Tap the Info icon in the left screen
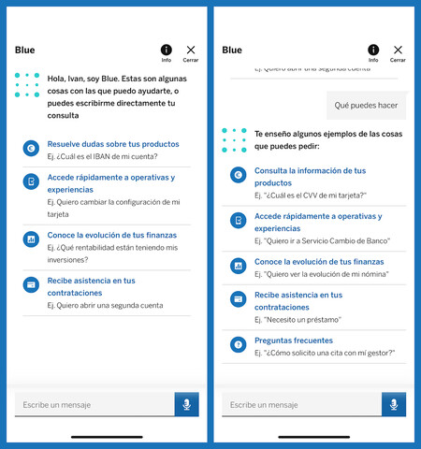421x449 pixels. tap(167, 50)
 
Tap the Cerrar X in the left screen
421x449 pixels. tap(192, 50)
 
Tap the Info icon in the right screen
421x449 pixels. tap(373, 50)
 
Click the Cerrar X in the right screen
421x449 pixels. tap(399, 50)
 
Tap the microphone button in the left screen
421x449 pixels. tap(187, 404)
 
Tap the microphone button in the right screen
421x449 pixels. tap(394, 404)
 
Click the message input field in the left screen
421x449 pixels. tap(94, 405)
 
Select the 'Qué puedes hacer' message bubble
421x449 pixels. tap(366, 106)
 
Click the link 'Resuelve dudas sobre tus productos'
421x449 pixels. tap(99, 144)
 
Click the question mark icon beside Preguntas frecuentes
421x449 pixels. tap(238, 343)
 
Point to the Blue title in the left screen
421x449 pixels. tap(24, 50)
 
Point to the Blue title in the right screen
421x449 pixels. tap(231, 50)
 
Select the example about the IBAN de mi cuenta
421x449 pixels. tap(91, 156)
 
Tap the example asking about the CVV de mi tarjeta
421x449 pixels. tap(305, 195)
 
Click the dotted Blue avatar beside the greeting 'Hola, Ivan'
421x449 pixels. tap(27, 85)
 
